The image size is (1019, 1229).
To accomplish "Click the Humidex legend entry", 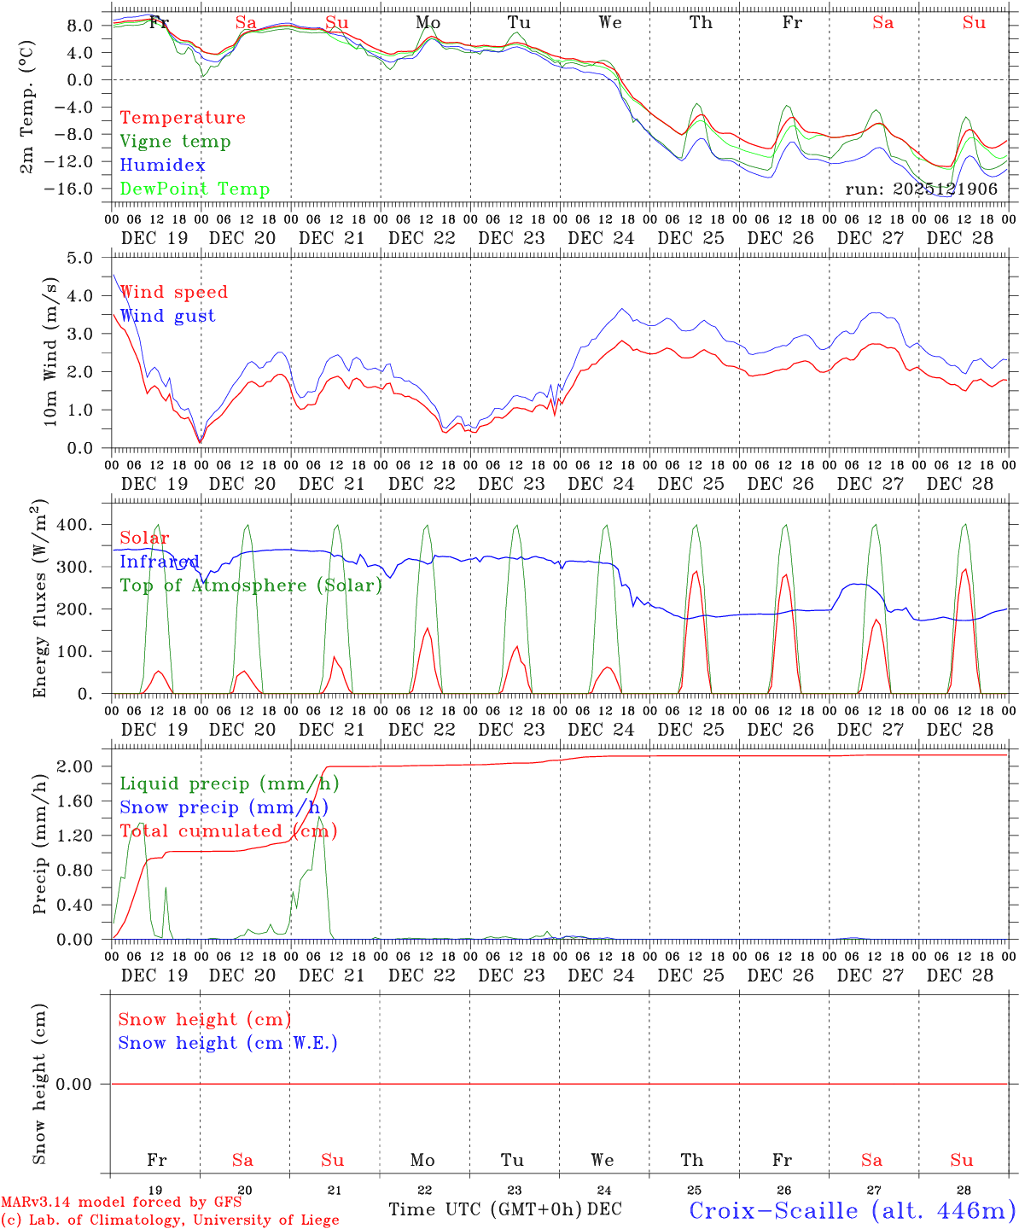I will coord(162,166).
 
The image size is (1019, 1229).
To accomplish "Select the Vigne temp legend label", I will coord(175,142).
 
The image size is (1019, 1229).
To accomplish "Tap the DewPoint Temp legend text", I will coord(195,189).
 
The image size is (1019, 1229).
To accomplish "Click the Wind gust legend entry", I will coord(167,316).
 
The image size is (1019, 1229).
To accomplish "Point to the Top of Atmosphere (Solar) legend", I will coord(251,585).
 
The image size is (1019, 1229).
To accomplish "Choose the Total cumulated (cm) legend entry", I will coord(228,831).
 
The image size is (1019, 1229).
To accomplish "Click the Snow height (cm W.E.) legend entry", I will coord(228,1043).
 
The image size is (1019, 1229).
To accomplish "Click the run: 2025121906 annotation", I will coord(921,189).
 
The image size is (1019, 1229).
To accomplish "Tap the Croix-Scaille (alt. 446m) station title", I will coord(852,1210).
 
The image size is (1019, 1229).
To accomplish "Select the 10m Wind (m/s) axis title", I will coord(49,352).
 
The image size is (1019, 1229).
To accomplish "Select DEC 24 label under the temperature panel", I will coord(601,238).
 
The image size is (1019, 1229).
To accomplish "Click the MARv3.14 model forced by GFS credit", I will coord(121,1203).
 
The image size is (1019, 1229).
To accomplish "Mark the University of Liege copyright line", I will coord(170,1220).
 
